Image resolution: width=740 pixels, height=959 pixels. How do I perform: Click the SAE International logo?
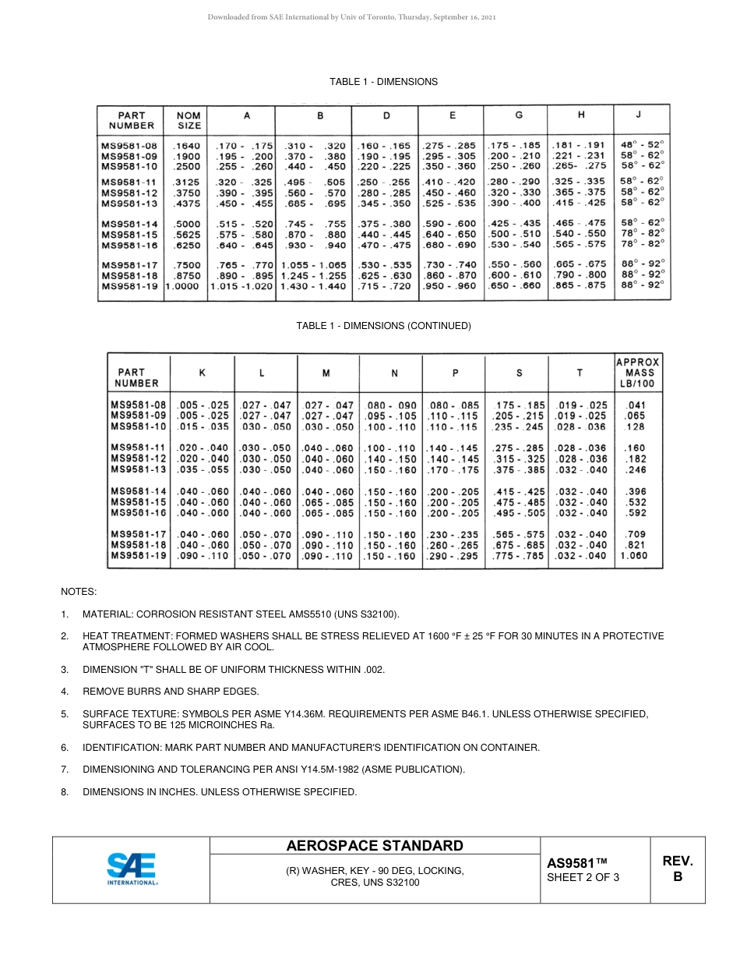pyautogui.click(x=132, y=869)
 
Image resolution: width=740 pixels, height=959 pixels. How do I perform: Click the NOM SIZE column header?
pyautogui.click(x=189, y=119)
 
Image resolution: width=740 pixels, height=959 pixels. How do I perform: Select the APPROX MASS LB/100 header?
pyautogui.click(x=637, y=373)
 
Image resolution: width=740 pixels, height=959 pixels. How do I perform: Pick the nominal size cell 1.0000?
pyautogui.click(x=185, y=286)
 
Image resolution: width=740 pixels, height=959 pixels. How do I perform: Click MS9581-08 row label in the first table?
pyautogui.click(x=129, y=145)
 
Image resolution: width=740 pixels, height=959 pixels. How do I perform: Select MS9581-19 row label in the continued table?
pyautogui.click(x=139, y=556)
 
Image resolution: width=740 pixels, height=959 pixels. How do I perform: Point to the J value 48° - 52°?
pyautogui.click(x=643, y=145)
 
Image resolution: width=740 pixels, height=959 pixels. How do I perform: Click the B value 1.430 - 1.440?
pyautogui.click(x=313, y=286)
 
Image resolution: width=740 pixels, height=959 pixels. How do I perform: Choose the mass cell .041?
pyautogui.click(x=636, y=405)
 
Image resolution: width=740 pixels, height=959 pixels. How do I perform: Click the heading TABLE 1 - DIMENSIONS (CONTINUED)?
pyautogui.click(x=383, y=326)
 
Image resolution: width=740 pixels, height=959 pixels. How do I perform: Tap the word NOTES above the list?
pyautogui.click(x=79, y=593)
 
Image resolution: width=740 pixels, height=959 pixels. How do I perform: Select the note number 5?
pyautogui.click(x=65, y=713)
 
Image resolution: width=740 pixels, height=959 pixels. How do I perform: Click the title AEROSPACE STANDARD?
pyautogui.click(x=375, y=846)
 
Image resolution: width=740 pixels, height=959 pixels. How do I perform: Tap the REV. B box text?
pyautogui.click(x=677, y=869)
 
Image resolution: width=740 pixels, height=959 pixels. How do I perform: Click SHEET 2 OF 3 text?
pyautogui.click(x=583, y=878)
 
